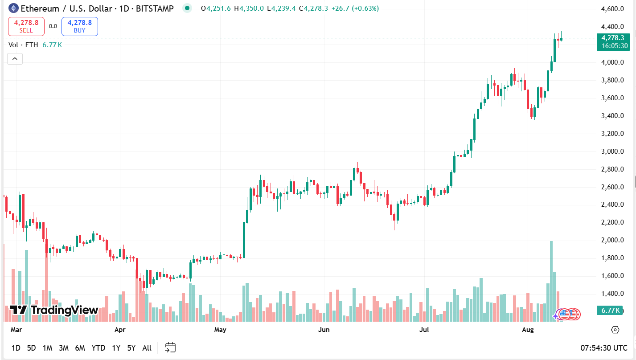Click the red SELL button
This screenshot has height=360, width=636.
26,26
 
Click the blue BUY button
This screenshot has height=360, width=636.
80,26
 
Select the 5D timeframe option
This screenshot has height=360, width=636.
31,348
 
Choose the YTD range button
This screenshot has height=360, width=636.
98,348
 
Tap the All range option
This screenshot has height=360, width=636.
147,348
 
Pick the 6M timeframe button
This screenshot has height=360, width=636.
80,348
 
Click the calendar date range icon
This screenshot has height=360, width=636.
170,348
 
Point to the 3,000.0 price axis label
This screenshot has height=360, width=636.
612,151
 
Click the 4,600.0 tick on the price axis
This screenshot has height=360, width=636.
612,9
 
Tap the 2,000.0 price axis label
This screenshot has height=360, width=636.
612,241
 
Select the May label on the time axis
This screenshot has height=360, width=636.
220,330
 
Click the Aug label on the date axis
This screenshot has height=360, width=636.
528,330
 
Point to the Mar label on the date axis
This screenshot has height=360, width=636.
16,330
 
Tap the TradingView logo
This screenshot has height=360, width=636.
54,310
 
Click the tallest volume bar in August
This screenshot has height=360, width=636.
551,281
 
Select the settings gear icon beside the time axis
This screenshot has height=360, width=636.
615,330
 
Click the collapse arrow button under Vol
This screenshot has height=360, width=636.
15,58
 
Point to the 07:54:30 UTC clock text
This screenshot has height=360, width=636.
604,348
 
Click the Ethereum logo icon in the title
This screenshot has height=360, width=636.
14,8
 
